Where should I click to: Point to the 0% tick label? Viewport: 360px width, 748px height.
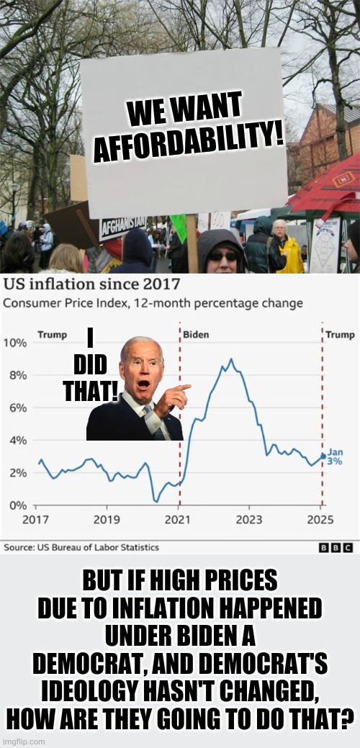17,505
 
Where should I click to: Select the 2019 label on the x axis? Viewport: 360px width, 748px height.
107,519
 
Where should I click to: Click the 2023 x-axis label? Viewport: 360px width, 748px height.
250,519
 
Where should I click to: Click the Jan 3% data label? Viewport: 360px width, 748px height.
336,457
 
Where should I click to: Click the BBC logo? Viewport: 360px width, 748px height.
337,548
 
